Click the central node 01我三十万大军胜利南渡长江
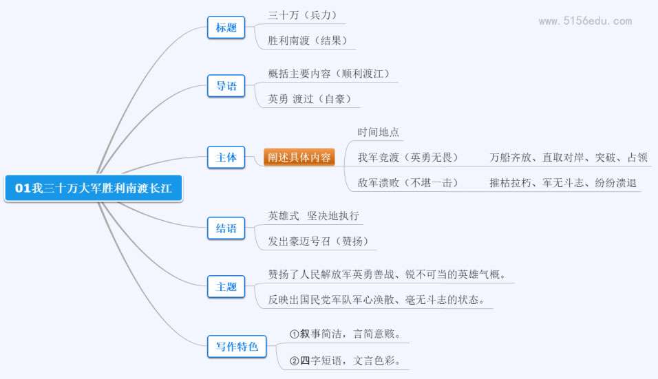coord(94,188)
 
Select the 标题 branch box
coord(226,28)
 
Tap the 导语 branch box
coord(226,86)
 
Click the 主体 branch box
coord(226,158)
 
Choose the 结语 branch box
coord(226,228)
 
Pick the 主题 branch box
coord(226,287)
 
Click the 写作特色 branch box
coord(237,347)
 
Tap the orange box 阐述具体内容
coord(299,158)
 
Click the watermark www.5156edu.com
coord(586,21)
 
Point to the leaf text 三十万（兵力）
coord(302,15)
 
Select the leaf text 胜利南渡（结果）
coord(308,41)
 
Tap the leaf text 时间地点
coord(378,132)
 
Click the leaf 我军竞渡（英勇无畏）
coord(407,158)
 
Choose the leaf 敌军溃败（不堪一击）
coord(407,183)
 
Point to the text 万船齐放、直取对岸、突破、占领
coord(569,158)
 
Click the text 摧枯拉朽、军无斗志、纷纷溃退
coord(563,183)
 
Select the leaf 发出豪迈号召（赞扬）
coord(318,241)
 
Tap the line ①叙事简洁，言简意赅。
coord(345,334)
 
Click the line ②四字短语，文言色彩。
coord(345,360)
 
